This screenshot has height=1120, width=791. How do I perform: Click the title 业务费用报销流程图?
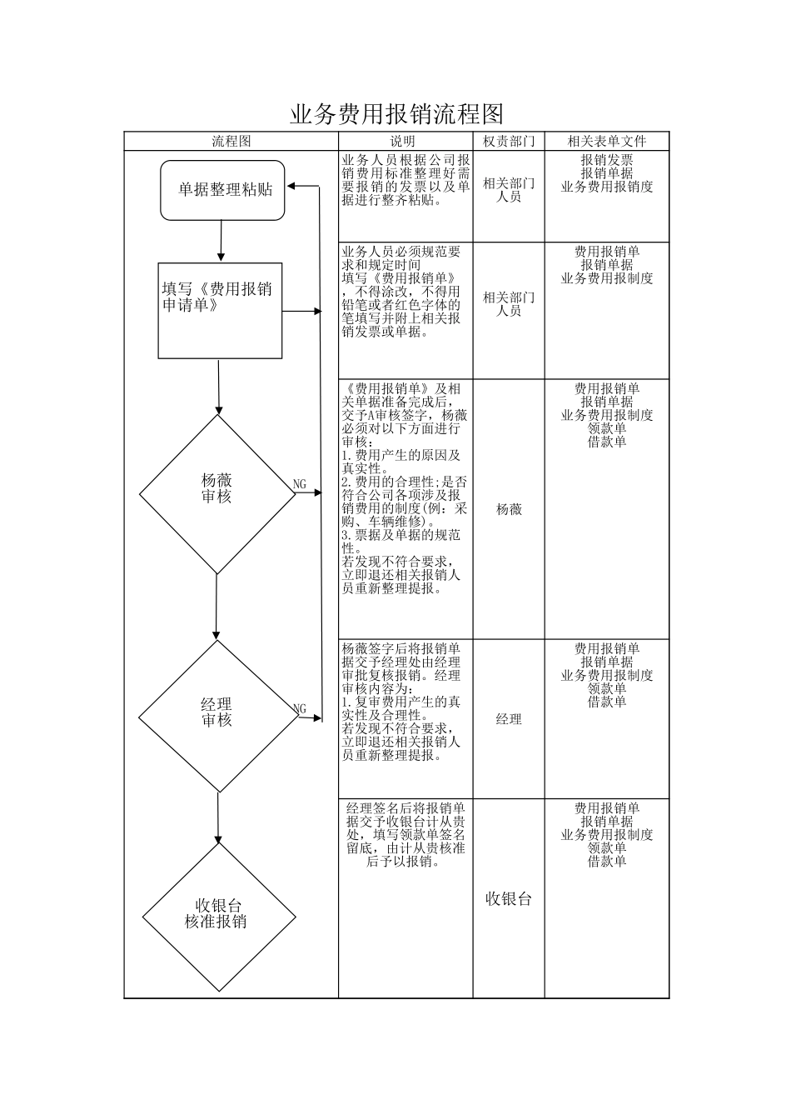(396, 113)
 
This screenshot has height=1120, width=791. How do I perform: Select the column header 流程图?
(231, 142)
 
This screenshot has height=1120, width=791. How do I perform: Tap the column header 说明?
(404, 142)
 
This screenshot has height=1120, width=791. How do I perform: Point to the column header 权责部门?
(509, 142)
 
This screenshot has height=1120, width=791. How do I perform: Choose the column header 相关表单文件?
(606, 142)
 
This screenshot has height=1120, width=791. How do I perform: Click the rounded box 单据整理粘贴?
(222, 190)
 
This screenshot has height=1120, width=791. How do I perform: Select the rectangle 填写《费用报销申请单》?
(220, 311)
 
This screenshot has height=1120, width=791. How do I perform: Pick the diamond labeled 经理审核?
(217, 715)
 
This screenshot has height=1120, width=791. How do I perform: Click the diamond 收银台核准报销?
(218, 917)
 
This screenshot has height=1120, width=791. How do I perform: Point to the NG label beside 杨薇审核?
(300, 484)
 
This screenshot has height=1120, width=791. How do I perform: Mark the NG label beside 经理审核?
(300, 709)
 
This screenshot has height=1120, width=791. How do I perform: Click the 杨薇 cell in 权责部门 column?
(509, 509)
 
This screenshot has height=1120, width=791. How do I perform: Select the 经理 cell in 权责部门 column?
(509, 719)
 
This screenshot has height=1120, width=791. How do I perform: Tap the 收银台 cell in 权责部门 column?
(509, 898)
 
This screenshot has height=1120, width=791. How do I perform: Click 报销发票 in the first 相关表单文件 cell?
(606, 160)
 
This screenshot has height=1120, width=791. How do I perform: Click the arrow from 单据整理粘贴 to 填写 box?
(221, 241)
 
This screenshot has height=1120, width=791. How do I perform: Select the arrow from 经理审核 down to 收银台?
(218, 817)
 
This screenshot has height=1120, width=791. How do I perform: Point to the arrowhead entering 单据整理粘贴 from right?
(292, 186)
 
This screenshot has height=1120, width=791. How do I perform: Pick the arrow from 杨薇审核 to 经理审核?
(216, 607)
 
